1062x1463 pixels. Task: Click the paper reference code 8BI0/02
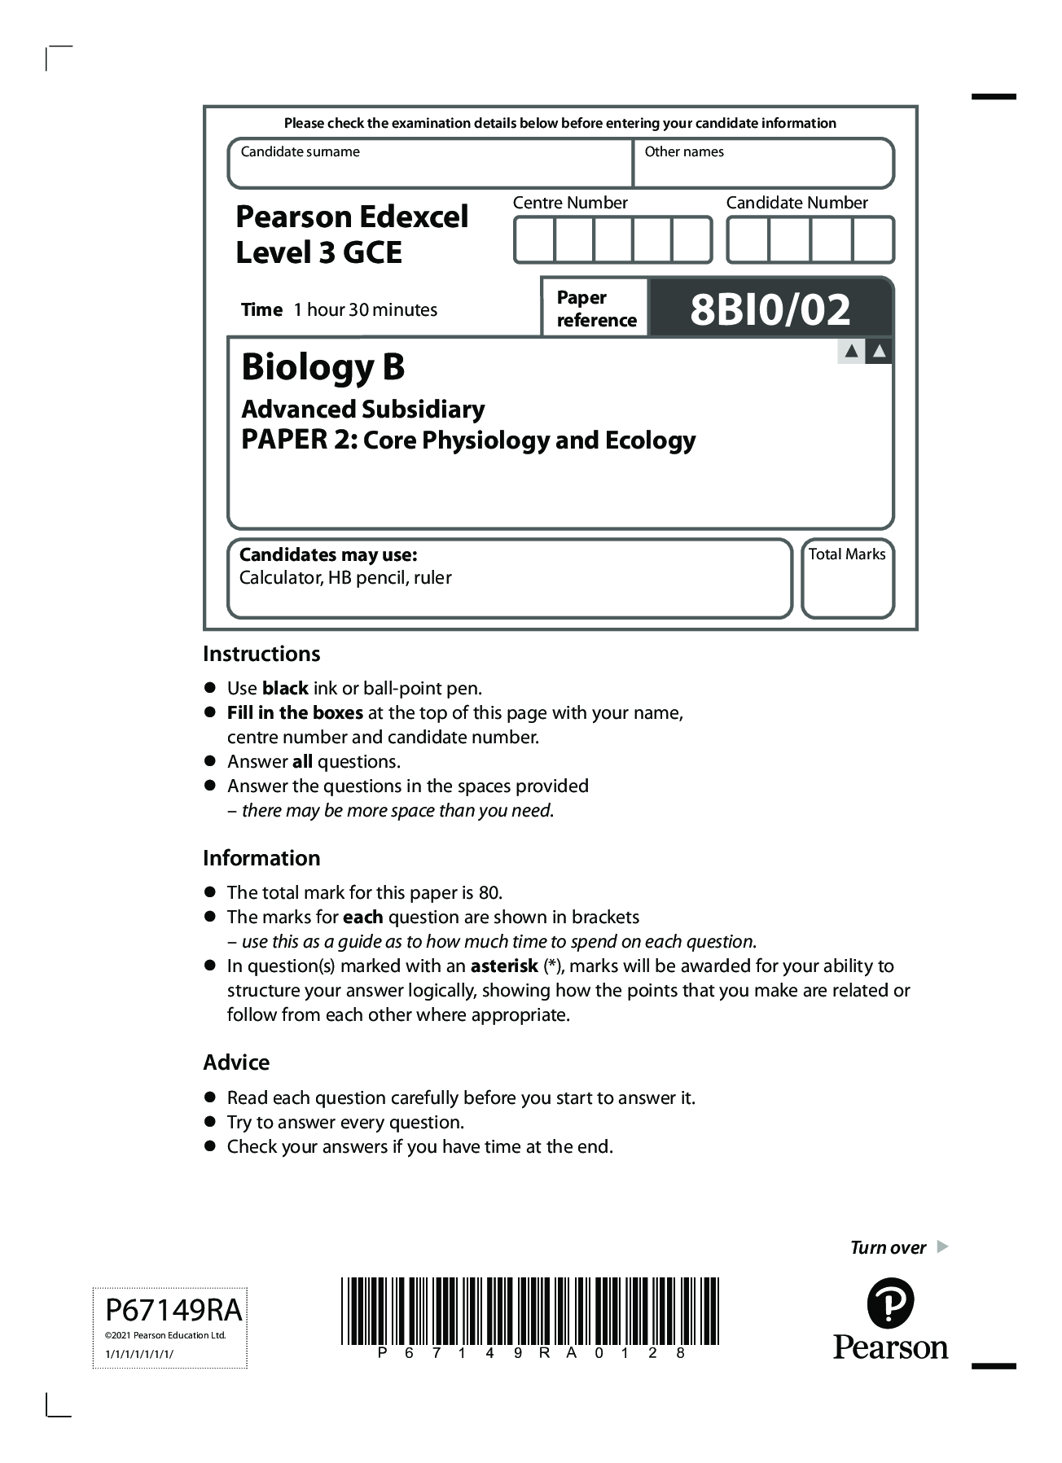(770, 309)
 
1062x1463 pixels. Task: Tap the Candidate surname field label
(300, 151)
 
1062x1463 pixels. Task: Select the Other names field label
(683, 151)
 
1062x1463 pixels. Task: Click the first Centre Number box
(534, 240)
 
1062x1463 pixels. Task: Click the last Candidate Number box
(873, 240)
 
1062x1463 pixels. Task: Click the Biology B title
(323, 367)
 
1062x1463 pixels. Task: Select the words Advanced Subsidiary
(363, 409)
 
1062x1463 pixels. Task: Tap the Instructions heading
(261, 654)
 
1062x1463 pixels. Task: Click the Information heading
(261, 858)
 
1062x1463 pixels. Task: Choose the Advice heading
(236, 1062)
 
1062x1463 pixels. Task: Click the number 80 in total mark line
(489, 892)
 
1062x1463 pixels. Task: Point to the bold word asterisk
(504, 966)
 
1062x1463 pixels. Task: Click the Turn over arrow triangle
(942, 1246)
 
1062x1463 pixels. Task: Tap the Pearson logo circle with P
(890, 1303)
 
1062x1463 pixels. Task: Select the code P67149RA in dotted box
(173, 1310)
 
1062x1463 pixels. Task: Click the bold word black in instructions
(285, 688)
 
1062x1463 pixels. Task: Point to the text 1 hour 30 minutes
(366, 309)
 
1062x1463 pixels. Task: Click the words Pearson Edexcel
(352, 217)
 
